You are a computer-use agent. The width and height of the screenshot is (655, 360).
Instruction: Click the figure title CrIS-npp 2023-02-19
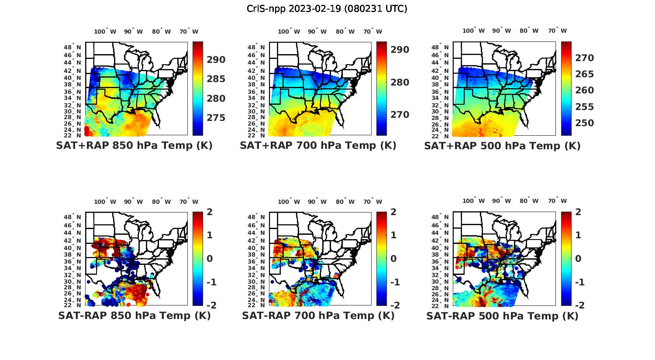(327, 9)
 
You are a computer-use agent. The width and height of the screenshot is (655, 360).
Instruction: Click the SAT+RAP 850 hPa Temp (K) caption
(134, 146)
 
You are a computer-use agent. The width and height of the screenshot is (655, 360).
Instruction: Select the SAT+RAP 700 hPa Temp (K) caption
(318, 146)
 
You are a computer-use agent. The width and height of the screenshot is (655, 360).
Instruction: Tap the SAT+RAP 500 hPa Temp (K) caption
(502, 146)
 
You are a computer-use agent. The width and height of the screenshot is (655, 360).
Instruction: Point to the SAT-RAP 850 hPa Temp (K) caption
(134, 316)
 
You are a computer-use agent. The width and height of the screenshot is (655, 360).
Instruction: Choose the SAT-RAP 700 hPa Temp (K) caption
(318, 316)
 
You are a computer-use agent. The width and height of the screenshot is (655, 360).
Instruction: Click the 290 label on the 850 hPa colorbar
(216, 60)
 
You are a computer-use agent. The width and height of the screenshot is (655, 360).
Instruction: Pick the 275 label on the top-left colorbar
(216, 118)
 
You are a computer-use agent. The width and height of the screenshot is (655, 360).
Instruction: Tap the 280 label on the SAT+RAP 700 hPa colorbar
(400, 82)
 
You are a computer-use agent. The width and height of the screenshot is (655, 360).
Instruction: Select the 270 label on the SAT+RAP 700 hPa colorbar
(400, 115)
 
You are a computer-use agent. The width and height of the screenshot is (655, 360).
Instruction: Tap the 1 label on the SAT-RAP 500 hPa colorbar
(578, 235)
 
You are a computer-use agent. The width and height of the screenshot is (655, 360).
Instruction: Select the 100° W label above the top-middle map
(289, 31)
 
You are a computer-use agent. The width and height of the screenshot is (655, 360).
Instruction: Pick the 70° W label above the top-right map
(557, 31)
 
